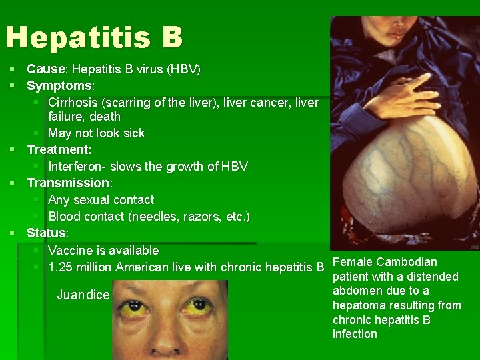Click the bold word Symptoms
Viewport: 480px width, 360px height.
pyautogui.click(x=59, y=85)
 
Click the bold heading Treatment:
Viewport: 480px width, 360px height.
pyautogui.click(x=59, y=149)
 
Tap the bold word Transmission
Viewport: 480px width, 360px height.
pyautogui.click(x=67, y=183)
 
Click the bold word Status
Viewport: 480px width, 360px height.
pyautogui.click(x=46, y=233)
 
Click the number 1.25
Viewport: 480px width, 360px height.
pyautogui.click(x=61, y=268)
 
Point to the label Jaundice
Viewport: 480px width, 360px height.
pyautogui.click(x=83, y=295)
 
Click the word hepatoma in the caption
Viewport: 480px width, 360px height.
pyautogui.click(x=362, y=305)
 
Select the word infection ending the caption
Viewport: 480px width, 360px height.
pyautogui.click(x=355, y=334)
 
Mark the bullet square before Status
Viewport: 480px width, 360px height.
pyautogui.click(x=13, y=233)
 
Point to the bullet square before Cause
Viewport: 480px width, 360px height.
pyautogui.click(x=13, y=69)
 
